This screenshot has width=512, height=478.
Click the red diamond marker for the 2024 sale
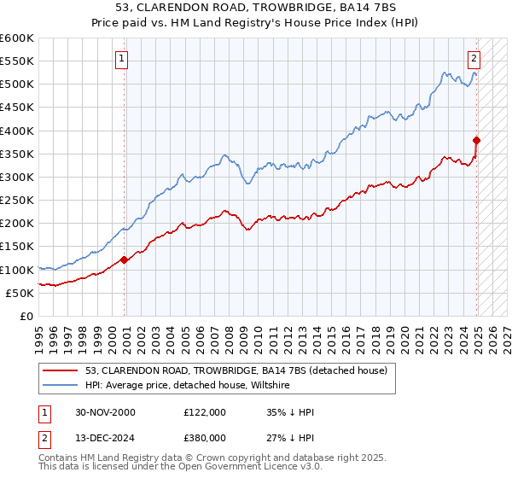(x=477, y=140)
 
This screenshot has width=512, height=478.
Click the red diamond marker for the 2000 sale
(x=125, y=259)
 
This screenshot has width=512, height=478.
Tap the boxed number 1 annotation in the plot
(x=122, y=59)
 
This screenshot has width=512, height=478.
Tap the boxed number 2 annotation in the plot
(x=474, y=59)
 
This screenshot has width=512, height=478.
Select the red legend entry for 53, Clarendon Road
(x=236, y=370)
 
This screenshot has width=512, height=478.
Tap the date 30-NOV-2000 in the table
(x=106, y=412)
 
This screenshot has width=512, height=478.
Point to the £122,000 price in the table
(x=205, y=412)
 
